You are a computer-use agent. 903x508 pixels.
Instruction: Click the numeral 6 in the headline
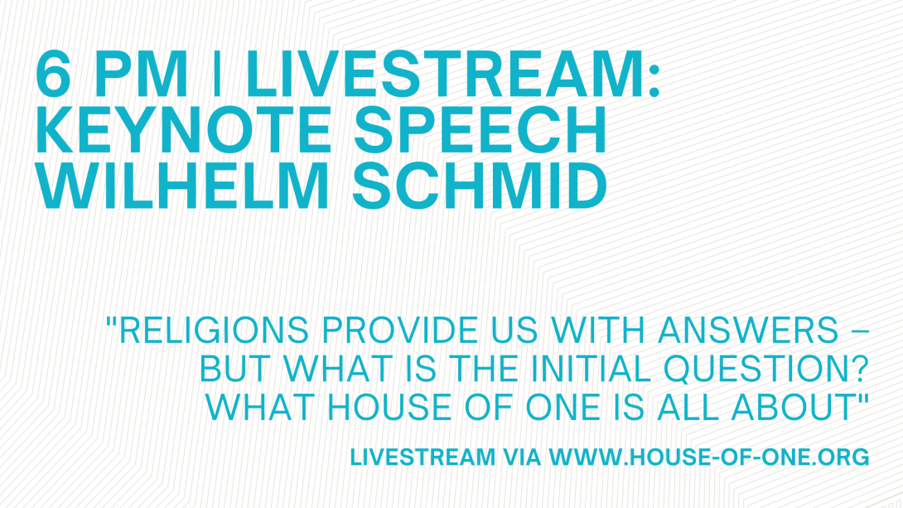click(53, 75)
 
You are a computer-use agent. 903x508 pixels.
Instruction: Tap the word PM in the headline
click(141, 75)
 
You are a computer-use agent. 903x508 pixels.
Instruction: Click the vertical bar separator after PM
click(217, 75)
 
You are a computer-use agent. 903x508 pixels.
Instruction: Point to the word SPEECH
click(480, 130)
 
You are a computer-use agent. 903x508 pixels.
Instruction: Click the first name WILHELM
click(182, 186)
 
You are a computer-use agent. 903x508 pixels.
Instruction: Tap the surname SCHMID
click(479, 186)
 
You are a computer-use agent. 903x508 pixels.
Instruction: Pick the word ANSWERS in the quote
click(748, 330)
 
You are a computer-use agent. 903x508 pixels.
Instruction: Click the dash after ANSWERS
click(859, 331)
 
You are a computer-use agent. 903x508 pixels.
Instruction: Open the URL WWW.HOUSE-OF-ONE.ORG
click(709, 457)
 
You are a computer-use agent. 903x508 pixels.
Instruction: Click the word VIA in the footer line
click(522, 457)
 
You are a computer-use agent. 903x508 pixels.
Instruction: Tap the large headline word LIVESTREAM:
click(452, 75)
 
